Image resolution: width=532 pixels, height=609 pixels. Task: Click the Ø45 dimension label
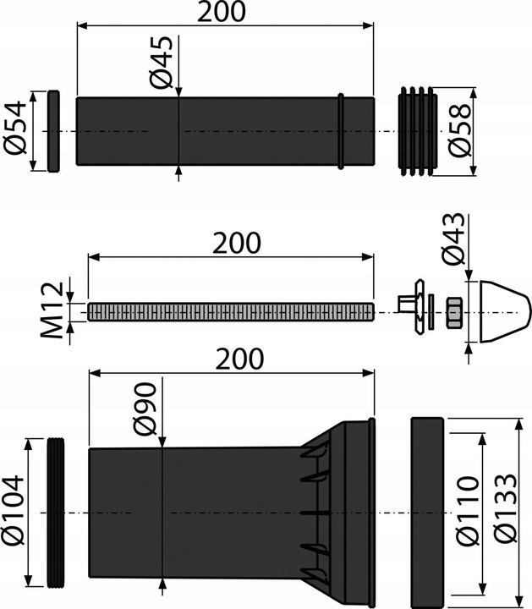point(161,62)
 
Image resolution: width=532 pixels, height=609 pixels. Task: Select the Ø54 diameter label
point(15,128)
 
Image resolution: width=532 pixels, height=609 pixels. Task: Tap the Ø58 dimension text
point(459,129)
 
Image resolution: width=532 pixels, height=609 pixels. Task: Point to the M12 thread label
point(52,310)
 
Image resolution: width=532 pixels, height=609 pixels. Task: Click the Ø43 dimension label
point(452,239)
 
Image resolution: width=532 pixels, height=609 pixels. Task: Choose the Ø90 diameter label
point(145,409)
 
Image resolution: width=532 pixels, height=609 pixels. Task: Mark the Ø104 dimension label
point(13,510)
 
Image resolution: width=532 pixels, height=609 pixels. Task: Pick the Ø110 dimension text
point(468,510)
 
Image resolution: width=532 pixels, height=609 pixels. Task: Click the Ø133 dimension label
point(506,507)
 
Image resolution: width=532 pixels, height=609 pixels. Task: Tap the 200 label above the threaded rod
point(237,243)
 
